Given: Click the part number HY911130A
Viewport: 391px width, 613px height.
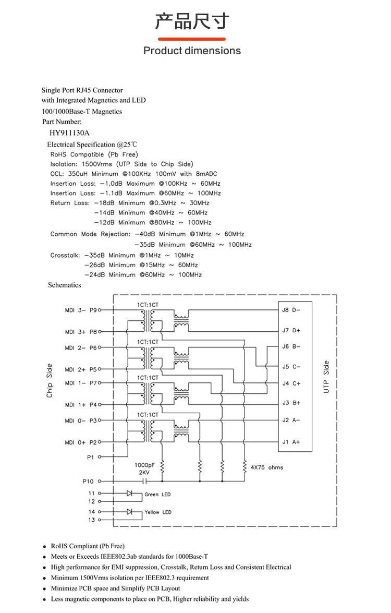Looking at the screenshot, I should tap(69, 133).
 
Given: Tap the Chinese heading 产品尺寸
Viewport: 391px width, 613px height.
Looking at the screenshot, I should tap(192, 22).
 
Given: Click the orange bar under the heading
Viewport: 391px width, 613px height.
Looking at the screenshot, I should tap(192, 39).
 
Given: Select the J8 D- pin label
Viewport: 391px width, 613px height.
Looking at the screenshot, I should tap(291, 310).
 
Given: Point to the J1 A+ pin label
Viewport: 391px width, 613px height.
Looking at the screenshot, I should tap(291, 442).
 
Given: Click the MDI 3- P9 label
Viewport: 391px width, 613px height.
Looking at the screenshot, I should tap(81, 310).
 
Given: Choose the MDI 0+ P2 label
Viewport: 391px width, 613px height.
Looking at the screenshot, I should tap(81, 442).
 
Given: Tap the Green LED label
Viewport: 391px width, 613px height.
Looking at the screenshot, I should tap(157, 494).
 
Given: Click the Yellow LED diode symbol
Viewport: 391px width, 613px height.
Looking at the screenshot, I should tap(130, 512).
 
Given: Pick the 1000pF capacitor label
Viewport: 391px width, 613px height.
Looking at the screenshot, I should tap(144, 464).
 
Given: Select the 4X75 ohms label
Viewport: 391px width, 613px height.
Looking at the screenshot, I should tap(267, 467).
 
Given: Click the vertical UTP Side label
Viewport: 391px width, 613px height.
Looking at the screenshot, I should tap(326, 376).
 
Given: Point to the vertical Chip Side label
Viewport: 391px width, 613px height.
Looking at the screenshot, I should tap(50, 380).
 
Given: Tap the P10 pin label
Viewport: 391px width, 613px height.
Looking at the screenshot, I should tap(88, 481).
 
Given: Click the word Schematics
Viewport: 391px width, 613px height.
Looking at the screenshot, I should tap(65, 285).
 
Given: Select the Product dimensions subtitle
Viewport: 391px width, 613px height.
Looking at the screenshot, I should tap(192, 51).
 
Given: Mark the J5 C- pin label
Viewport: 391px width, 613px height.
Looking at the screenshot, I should tap(291, 367).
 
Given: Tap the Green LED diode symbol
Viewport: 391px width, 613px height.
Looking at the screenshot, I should tap(130, 493).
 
